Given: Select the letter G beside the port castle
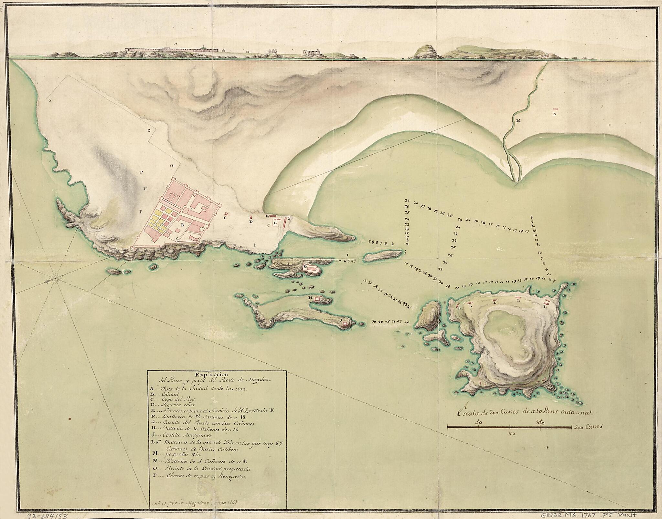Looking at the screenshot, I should click(x=305, y=266).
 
